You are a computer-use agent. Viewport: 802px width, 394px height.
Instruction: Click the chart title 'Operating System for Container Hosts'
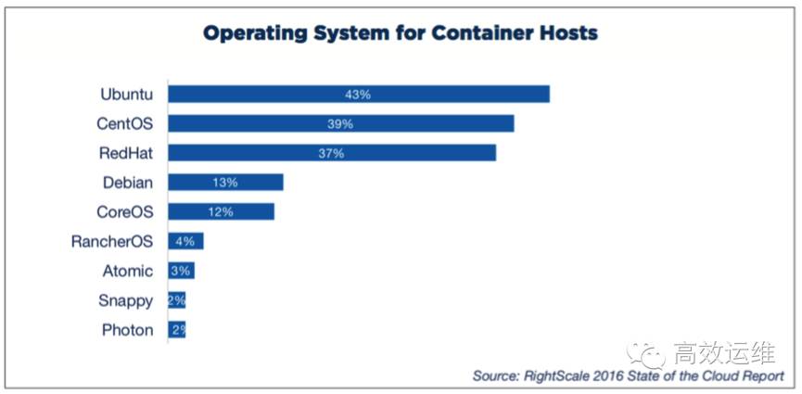tap(401, 33)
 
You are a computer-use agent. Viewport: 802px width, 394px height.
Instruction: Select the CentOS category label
tap(125, 123)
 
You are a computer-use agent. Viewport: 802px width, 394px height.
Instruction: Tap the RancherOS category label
tap(112, 242)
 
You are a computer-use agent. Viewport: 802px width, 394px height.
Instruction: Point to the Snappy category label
tap(126, 300)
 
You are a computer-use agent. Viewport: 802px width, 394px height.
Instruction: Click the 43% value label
tap(358, 95)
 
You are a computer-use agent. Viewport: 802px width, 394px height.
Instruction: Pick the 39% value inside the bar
tap(340, 123)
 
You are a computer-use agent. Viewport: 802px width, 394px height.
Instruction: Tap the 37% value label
tap(331, 153)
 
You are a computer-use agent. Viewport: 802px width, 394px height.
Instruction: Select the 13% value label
tap(225, 183)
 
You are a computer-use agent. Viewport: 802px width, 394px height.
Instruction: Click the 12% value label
tap(221, 211)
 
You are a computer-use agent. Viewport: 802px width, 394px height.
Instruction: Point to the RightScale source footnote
tap(628, 375)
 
